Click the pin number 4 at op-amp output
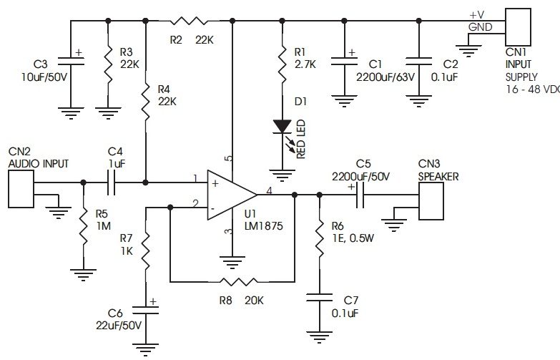[x=268, y=190]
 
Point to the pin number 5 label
[x=228, y=158]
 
